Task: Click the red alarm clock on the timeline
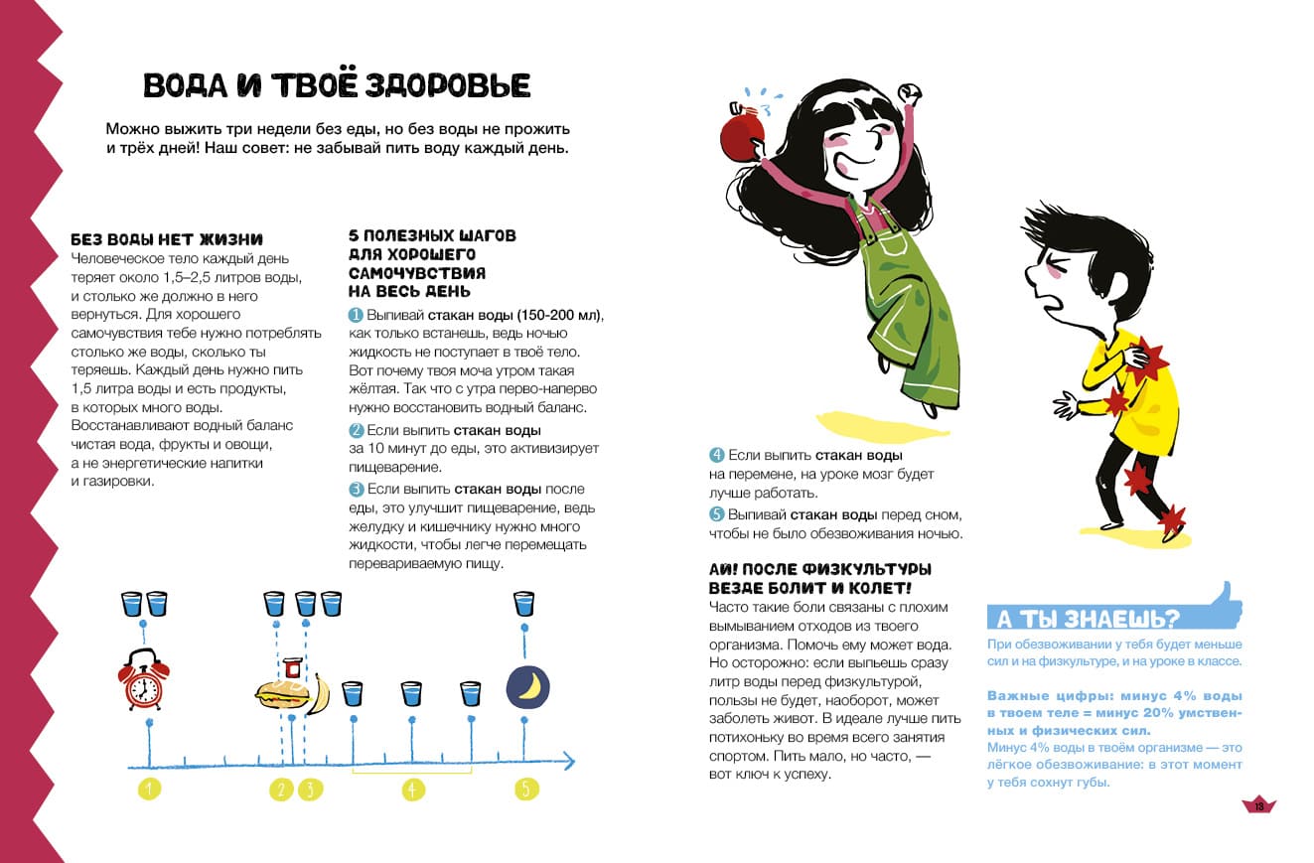143,679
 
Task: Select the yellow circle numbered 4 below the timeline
413,790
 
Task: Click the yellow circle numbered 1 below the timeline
149,790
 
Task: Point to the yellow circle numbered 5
527,790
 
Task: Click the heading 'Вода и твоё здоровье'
337,85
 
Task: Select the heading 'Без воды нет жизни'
167,239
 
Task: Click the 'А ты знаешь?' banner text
1088,619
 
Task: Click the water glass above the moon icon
523,603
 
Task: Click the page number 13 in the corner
1258,805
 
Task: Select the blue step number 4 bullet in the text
716,455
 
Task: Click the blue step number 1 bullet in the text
355,315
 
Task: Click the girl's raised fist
911,92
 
